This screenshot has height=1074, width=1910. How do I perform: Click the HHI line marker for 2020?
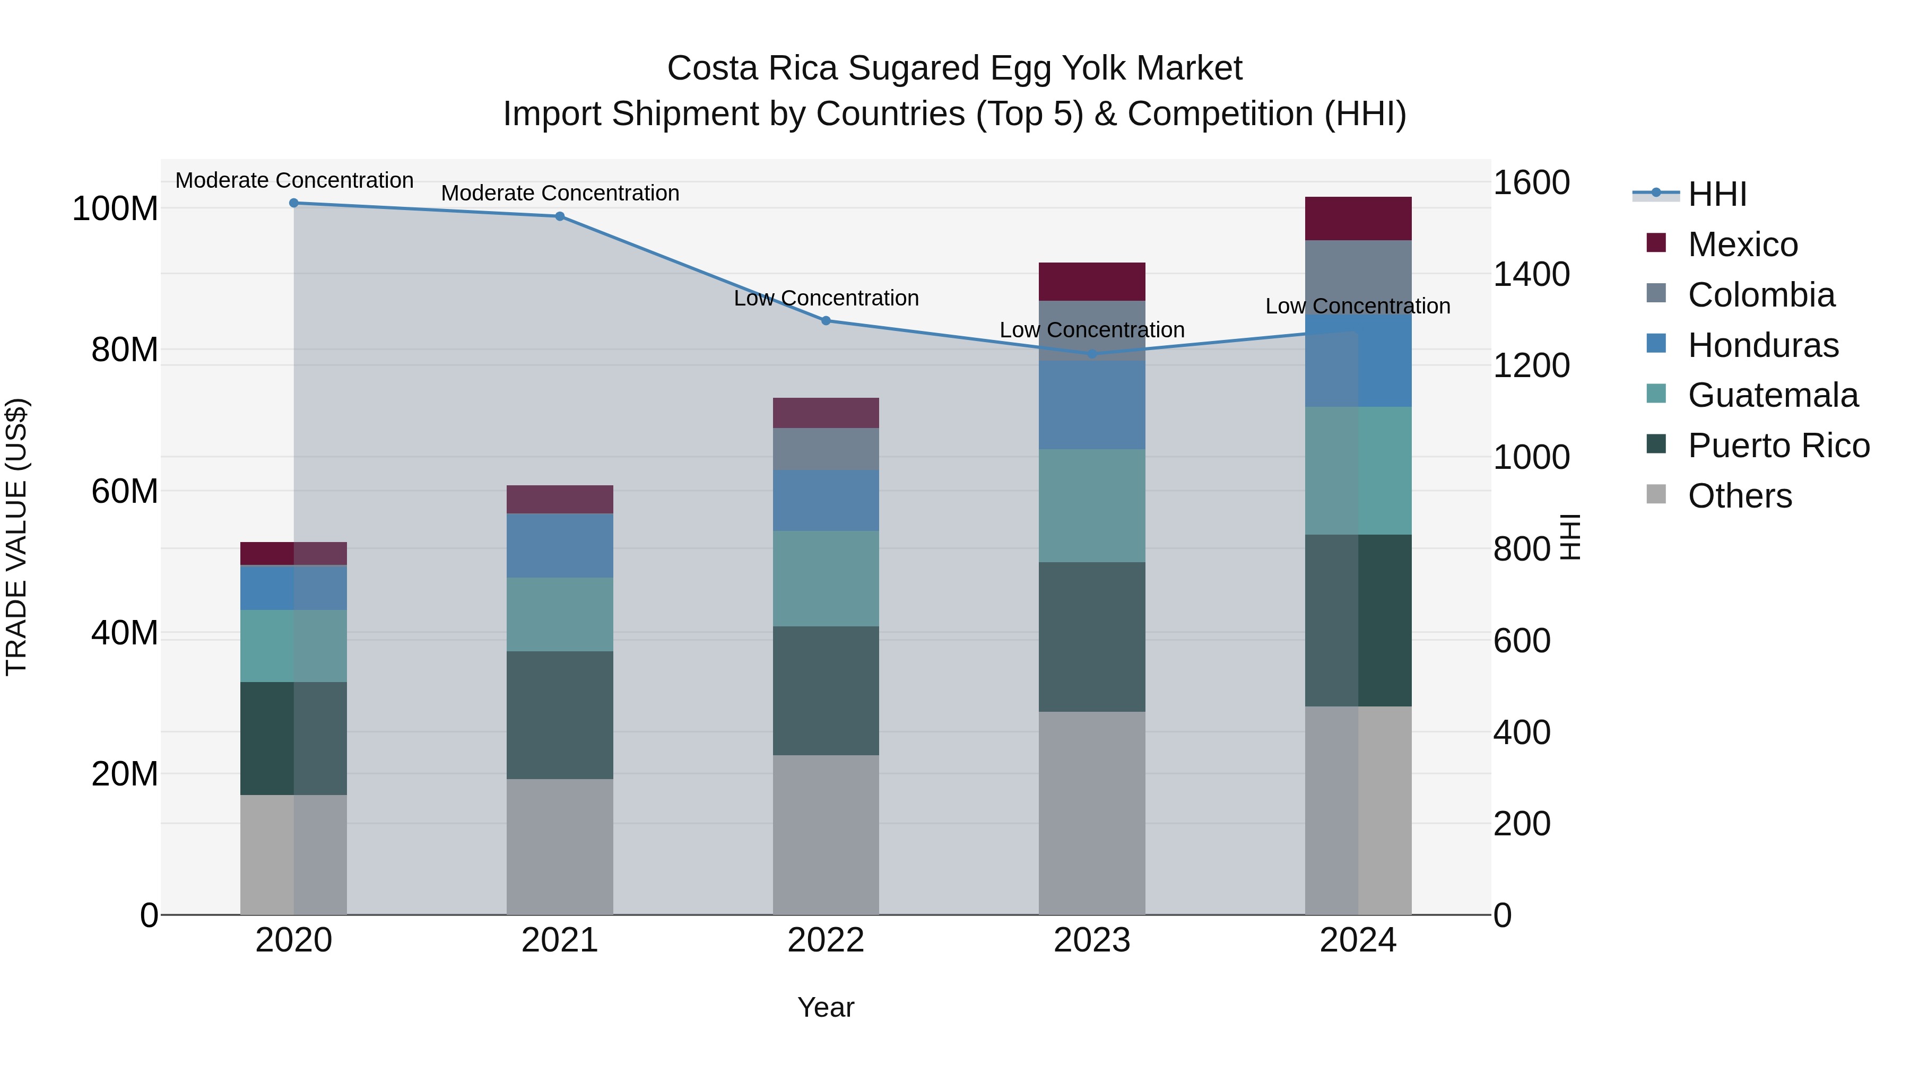[293, 203]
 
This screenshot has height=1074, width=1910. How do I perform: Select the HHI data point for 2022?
[826, 321]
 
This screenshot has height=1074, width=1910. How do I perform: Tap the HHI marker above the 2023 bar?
[1091, 354]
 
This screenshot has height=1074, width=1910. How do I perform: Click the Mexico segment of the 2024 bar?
[1358, 219]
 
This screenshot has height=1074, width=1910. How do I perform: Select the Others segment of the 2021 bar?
[560, 846]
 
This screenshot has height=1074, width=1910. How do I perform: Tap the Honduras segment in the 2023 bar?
[1091, 405]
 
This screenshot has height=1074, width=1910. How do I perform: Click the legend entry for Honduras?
[1763, 345]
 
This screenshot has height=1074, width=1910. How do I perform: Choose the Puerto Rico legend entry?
[1778, 446]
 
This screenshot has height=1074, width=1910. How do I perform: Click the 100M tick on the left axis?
[115, 209]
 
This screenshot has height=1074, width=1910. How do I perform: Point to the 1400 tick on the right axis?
[1530, 274]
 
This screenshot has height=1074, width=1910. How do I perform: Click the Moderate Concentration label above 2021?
[560, 193]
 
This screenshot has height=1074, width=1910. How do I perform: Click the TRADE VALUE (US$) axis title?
[16, 537]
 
